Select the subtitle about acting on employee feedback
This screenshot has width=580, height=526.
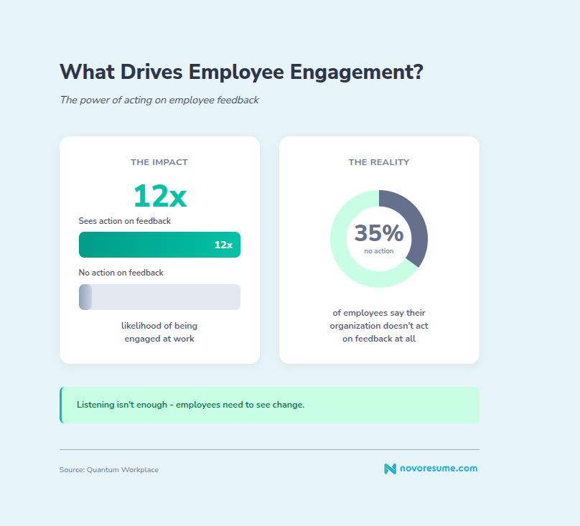tap(159, 100)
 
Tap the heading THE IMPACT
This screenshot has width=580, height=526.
tap(159, 162)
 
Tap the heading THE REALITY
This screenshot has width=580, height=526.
tap(379, 162)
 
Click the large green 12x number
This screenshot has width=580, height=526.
tap(159, 195)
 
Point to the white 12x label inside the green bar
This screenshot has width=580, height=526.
tap(223, 245)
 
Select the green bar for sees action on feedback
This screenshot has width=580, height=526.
tap(144, 245)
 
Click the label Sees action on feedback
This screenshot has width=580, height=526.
tap(125, 221)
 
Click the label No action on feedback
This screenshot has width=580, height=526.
tap(121, 273)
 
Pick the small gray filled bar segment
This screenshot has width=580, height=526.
tap(85, 297)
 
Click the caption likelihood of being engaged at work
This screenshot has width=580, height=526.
tap(159, 332)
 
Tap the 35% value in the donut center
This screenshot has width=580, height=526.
tap(379, 233)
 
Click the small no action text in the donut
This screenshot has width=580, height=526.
tap(379, 251)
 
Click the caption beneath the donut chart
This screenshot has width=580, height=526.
tap(379, 326)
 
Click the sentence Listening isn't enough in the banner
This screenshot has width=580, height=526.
tap(190, 405)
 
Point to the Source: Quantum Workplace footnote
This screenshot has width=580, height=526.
tap(109, 470)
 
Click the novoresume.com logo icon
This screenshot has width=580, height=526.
tap(390, 469)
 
